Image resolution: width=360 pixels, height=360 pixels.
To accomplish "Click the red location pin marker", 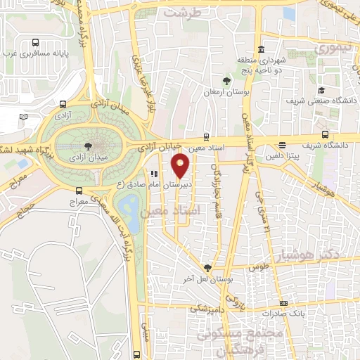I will [181, 166].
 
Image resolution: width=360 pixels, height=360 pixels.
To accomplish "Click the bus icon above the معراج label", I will [78, 191].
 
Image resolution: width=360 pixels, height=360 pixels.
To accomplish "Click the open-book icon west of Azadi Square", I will [23, 116].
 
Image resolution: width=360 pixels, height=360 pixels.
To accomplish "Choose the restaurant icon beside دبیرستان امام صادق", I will [153, 174].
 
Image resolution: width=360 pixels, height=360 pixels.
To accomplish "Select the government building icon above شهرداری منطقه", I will [262, 50].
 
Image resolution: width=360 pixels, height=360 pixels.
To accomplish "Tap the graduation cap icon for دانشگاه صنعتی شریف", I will [321, 90].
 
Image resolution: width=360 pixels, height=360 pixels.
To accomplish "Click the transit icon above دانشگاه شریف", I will [324, 134].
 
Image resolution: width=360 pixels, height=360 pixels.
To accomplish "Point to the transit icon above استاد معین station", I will [206, 136].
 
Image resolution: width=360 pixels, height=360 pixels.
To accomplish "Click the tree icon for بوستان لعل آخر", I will [207, 267].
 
